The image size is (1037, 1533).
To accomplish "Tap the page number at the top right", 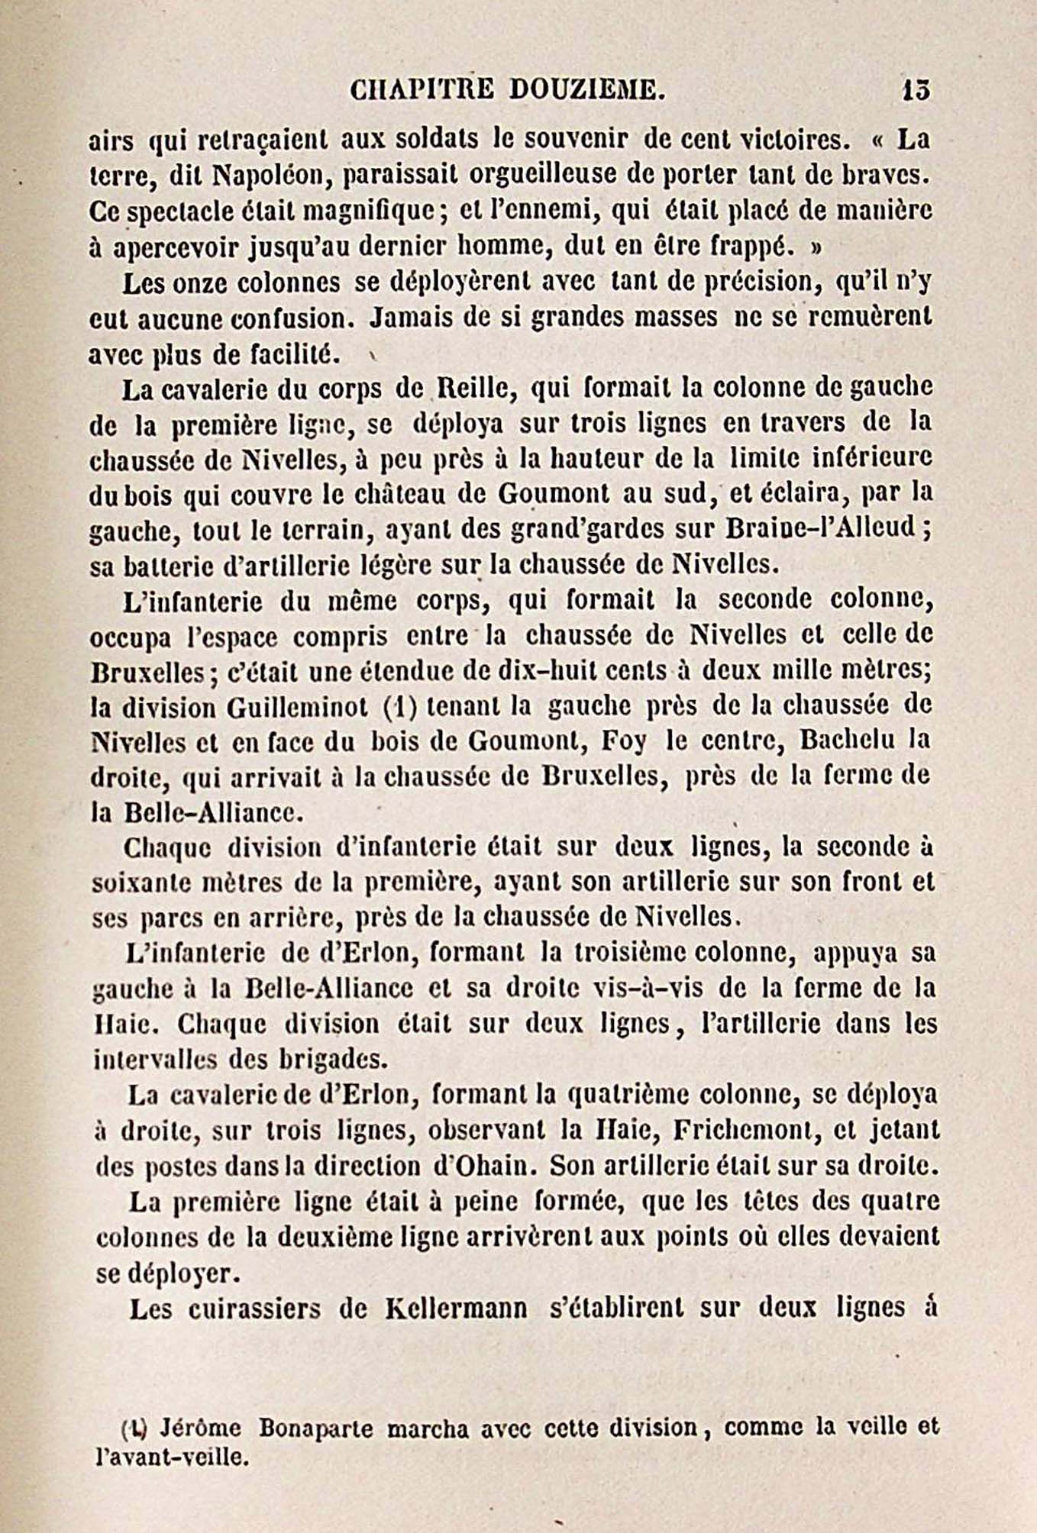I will pyautogui.click(x=915, y=90).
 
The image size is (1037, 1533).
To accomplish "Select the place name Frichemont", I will pyautogui.click(x=758, y=1129).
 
